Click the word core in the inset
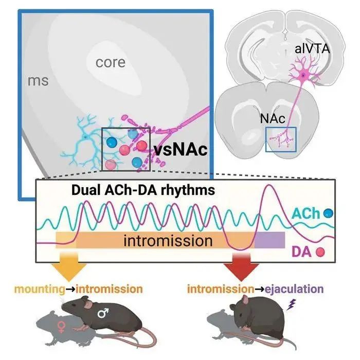[111, 62]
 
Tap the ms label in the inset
[38, 81]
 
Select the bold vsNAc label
[181, 150]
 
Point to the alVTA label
[312, 49]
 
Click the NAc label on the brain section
[273, 118]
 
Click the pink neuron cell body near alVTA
[303, 75]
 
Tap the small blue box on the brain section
[281, 139]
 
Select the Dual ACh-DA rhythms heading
[143, 190]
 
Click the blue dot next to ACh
[328, 213]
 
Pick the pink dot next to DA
[320, 252]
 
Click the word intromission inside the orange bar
[168, 241]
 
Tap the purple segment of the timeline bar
[270, 240]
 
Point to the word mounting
[40, 289]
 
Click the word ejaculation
[294, 289]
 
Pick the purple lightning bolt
[291, 304]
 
